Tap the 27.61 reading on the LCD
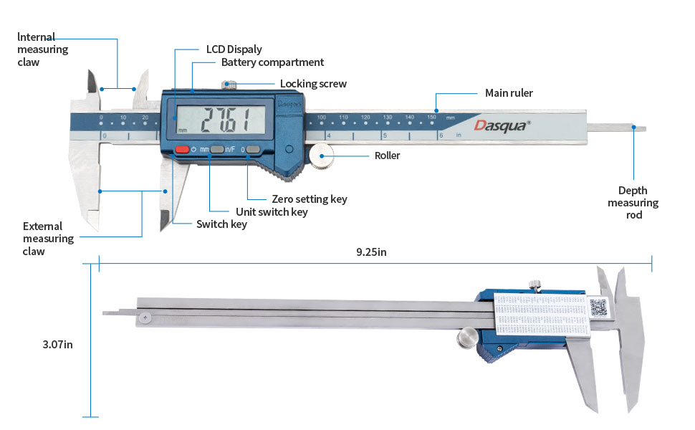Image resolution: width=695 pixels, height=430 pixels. [x=224, y=118]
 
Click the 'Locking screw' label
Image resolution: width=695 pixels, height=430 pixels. [x=313, y=84]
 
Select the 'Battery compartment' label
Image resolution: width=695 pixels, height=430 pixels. [x=272, y=62]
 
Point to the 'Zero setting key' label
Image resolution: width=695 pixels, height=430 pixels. [x=310, y=199]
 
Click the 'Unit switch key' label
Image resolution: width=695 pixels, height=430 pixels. [x=272, y=212]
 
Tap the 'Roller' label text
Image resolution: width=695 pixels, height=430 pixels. [x=387, y=156]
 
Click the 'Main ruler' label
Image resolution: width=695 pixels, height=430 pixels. [x=509, y=93]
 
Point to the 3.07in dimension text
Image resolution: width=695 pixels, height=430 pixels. [x=57, y=345]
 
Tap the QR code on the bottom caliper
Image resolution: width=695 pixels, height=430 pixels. [x=599, y=308]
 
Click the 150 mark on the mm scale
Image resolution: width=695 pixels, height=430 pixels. [x=431, y=116]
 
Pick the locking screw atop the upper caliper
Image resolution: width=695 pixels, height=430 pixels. [x=230, y=86]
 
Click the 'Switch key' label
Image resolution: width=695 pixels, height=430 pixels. [x=221, y=224]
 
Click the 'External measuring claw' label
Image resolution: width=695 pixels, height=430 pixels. [x=48, y=239]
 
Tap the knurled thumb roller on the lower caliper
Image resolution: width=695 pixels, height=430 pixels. [x=467, y=336]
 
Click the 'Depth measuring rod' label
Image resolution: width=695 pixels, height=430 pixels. [x=633, y=202]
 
